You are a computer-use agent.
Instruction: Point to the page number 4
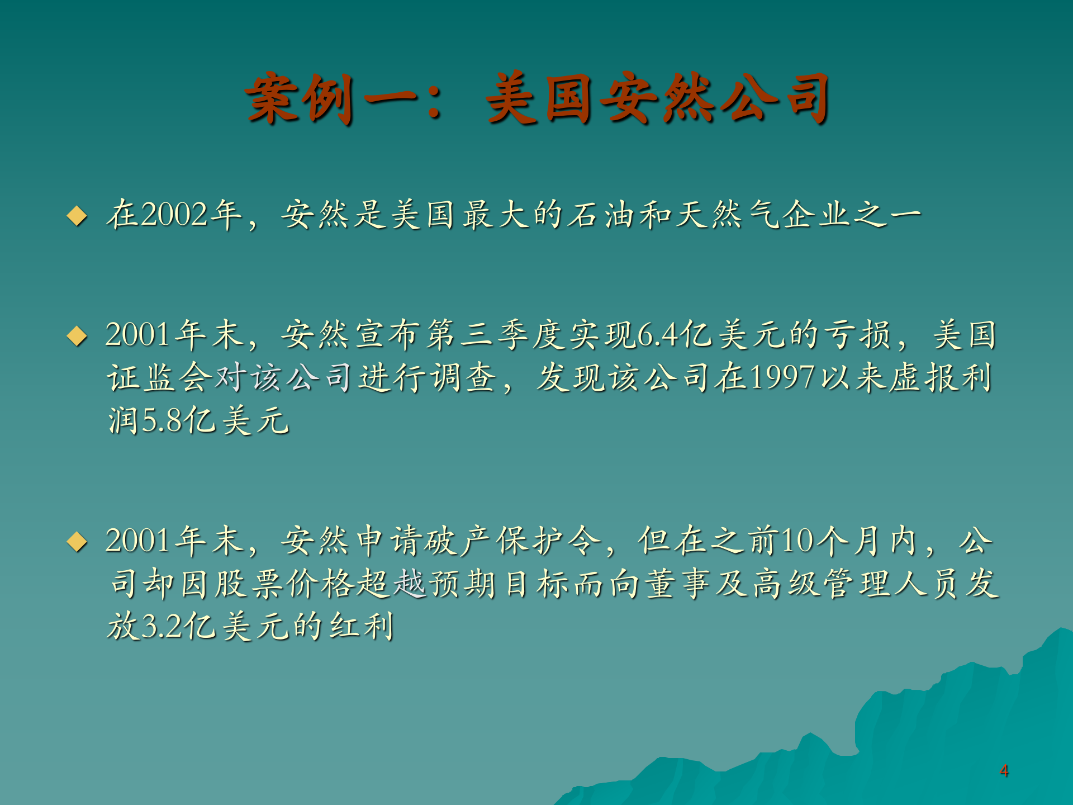1004,771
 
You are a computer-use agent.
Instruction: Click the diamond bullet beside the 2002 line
77,216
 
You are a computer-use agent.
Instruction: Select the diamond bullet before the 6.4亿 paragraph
77,336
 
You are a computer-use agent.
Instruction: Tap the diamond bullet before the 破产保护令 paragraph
77,542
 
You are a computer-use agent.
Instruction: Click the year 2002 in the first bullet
175,215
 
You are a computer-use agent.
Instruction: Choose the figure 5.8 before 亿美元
162,420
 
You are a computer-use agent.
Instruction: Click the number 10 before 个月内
797,541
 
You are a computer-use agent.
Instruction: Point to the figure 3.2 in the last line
162,626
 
